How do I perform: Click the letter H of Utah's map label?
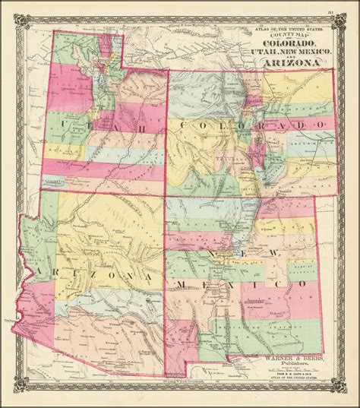click(144, 123)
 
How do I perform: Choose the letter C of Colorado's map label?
click(181, 125)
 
